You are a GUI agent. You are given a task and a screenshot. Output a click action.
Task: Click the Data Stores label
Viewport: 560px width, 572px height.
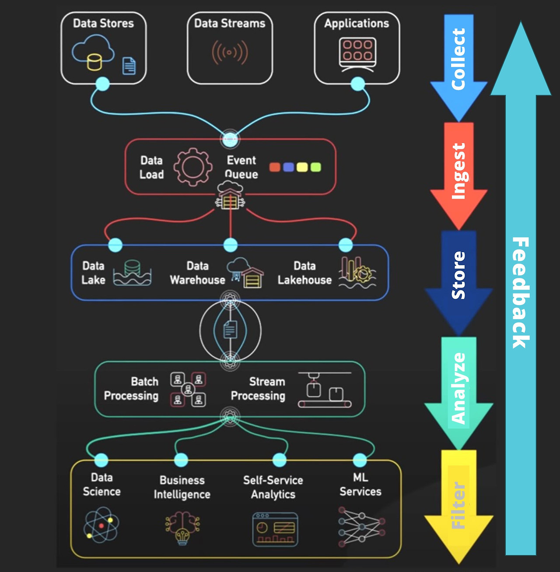[x=103, y=23]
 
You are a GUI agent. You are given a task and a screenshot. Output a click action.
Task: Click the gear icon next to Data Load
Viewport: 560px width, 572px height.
[x=192, y=167]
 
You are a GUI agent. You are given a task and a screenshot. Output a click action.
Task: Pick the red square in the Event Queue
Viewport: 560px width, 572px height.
[x=275, y=167]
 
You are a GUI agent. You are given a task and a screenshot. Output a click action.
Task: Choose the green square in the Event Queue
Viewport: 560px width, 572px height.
[x=315, y=167]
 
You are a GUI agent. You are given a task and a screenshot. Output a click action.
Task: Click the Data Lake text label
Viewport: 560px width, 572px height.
[x=93, y=273]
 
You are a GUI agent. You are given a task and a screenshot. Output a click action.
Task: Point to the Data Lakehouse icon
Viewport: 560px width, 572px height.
[x=357, y=273]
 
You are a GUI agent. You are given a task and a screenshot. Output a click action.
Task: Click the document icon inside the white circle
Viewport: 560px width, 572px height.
[x=230, y=330]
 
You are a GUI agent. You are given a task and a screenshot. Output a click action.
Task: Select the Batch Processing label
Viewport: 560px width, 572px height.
[x=131, y=389]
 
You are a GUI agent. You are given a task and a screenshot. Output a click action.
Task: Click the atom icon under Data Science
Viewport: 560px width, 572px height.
[x=101, y=525]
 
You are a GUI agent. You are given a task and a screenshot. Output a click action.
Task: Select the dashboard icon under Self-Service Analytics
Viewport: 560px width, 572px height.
[x=275, y=530]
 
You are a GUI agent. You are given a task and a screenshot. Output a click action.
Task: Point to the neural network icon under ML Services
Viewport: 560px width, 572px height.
[x=361, y=526]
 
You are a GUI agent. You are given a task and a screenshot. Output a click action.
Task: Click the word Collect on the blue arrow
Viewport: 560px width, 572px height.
[x=458, y=59]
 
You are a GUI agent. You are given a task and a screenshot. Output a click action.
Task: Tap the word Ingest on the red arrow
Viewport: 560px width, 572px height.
[x=458, y=171]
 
